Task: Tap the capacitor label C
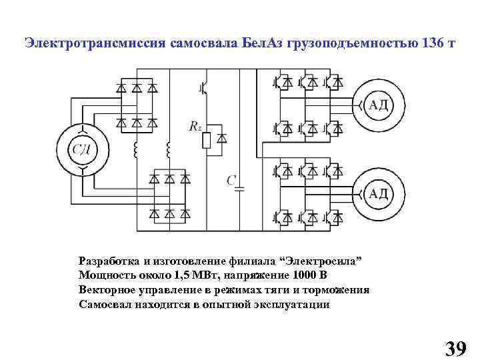[x=231, y=181]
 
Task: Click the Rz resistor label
[x=195, y=126]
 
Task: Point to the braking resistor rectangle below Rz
[x=207, y=139]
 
